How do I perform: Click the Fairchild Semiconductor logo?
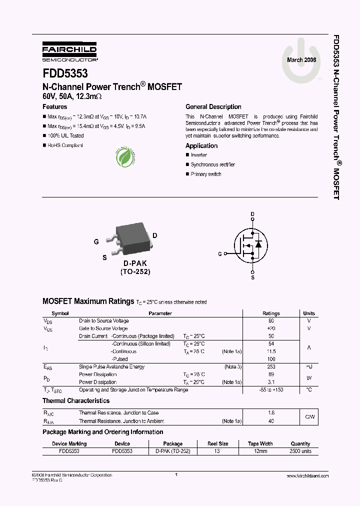pyautogui.click(x=69, y=51)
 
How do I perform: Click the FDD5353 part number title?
pyautogui.click(x=65, y=73)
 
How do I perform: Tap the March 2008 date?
pyautogui.click(x=301, y=60)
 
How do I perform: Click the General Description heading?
pyautogui.click(x=213, y=107)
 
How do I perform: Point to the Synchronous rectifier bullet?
pyautogui.click(x=212, y=164)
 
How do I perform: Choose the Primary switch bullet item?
pyautogui.click(x=205, y=174)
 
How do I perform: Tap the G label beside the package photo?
pyautogui.click(x=96, y=241)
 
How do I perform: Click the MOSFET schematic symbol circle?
pyautogui.click(x=252, y=244)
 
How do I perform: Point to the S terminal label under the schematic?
pyautogui.click(x=252, y=277)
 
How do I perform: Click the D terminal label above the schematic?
pyautogui.click(x=252, y=214)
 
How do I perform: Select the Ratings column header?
pyautogui.click(x=271, y=313)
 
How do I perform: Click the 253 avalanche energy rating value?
pyautogui.click(x=271, y=366)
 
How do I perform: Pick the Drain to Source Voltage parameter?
pyautogui.click(x=103, y=320)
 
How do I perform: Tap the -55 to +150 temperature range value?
pyautogui.click(x=271, y=389)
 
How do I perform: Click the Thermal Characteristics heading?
pyautogui.click(x=76, y=401)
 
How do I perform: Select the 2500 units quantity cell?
pyautogui.click(x=300, y=451)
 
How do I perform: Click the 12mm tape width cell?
pyautogui.click(x=260, y=451)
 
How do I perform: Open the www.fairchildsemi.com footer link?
pyautogui.click(x=307, y=476)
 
